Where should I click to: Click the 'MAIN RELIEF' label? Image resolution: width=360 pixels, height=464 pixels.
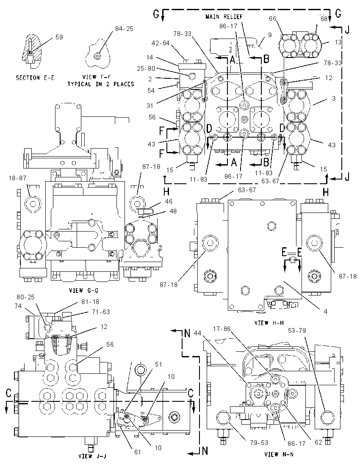[x=224, y=17]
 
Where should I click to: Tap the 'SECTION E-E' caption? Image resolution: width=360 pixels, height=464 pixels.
[x=35, y=78]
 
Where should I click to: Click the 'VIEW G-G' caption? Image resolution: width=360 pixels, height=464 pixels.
[x=84, y=290]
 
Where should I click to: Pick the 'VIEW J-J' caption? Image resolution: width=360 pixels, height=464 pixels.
[x=92, y=456]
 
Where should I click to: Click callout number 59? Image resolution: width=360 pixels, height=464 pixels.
[x=59, y=37]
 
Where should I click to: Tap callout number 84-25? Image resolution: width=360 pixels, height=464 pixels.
[x=124, y=29]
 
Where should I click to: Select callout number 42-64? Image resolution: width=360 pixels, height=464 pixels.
[x=161, y=43]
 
